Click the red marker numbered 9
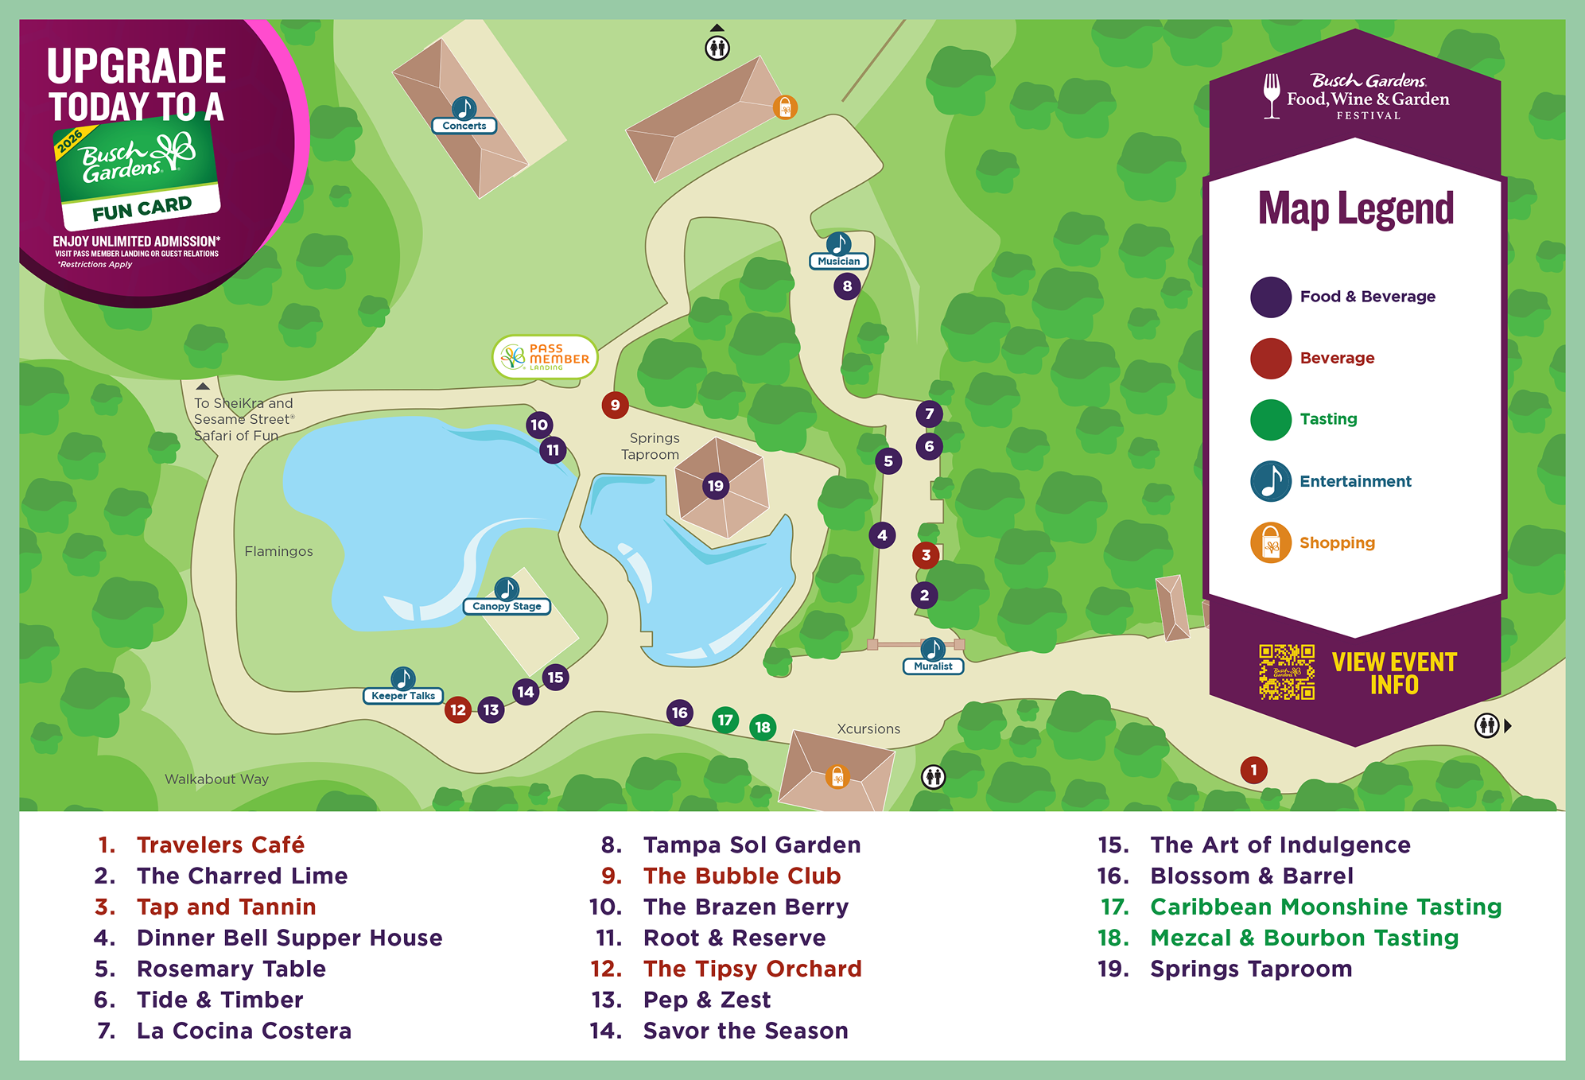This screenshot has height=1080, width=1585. pyautogui.click(x=615, y=405)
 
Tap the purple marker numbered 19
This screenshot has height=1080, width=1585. pyautogui.click(x=716, y=486)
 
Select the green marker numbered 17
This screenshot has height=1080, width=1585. pyautogui.click(x=725, y=720)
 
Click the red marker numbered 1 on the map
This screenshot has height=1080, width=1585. pyautogui.click(x=1253, y=769)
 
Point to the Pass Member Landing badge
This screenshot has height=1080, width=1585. pyautogui.click(x=546, y=358)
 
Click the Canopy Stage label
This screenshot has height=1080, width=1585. pyautogui.click(x=507, y=606)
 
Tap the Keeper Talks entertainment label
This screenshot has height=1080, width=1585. pyautogui.click(x=403, y=696)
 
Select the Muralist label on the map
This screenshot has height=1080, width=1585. pyautogui.click(x=933, y=666)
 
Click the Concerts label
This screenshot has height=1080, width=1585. pyautogui.click(x=464, y=126)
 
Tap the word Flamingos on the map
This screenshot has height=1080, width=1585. pyautogui.click(x=278, y=551)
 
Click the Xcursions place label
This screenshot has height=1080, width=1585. pyautogui.click(x=868, y=728)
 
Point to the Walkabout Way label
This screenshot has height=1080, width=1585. pyautogui.click(x=216, y=779)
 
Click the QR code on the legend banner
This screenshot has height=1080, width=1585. pyautogui.click(x=1286, y=672)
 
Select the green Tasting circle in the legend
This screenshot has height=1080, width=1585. pyautogui.click(x=1270, y=419)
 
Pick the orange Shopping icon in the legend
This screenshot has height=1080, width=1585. pyautogui.click(x=1270, y=542)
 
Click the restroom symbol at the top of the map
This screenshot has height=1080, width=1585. pyautogui.click(x=717, y=48)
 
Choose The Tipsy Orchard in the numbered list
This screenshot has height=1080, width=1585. pyautogui.click(x=752, y=969)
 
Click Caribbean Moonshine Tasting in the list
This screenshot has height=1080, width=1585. pyautogui.click(x=1325, y=907)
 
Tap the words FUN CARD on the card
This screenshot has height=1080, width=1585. pyautogui.click(x=142, y=209)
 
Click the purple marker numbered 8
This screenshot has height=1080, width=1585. pyautogui.click(x=847, y=286)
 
